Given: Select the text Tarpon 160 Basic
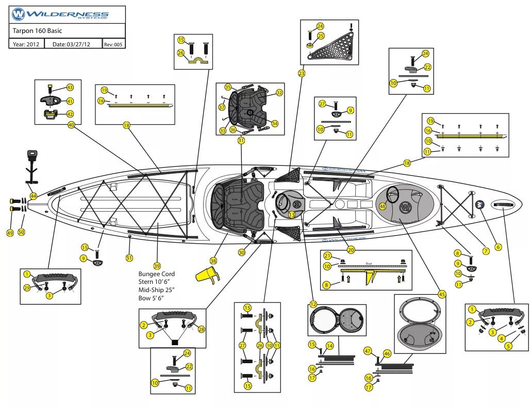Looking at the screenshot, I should (x=38, y=31).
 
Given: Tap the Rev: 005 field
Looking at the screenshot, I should (x=113, y=45).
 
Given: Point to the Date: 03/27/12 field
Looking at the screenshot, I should (x=71, y=45).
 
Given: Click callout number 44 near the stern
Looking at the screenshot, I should (x=33, y=196).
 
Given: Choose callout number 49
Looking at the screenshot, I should (x=10, y=233).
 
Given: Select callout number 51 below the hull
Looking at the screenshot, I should (x=129, y=258).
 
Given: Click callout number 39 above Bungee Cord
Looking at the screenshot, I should (x=157, y=265).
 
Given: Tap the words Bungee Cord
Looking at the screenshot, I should (x=156, y=274).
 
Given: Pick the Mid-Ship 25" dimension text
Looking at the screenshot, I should (x=156, y=290).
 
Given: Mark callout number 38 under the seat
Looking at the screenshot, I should (x=213, y=260).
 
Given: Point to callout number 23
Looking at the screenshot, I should (x=301, y=74).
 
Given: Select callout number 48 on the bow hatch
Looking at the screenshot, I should (x=383, y=206).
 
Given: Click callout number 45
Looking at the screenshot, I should (x=442, y=294).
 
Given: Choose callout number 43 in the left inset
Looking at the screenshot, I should (x=70, y=88).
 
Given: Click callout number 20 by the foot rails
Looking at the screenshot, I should (x=351, y=250).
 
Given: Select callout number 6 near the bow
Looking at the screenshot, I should (x=498, y=247).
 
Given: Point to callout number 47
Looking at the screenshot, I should (x=368, y=351).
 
